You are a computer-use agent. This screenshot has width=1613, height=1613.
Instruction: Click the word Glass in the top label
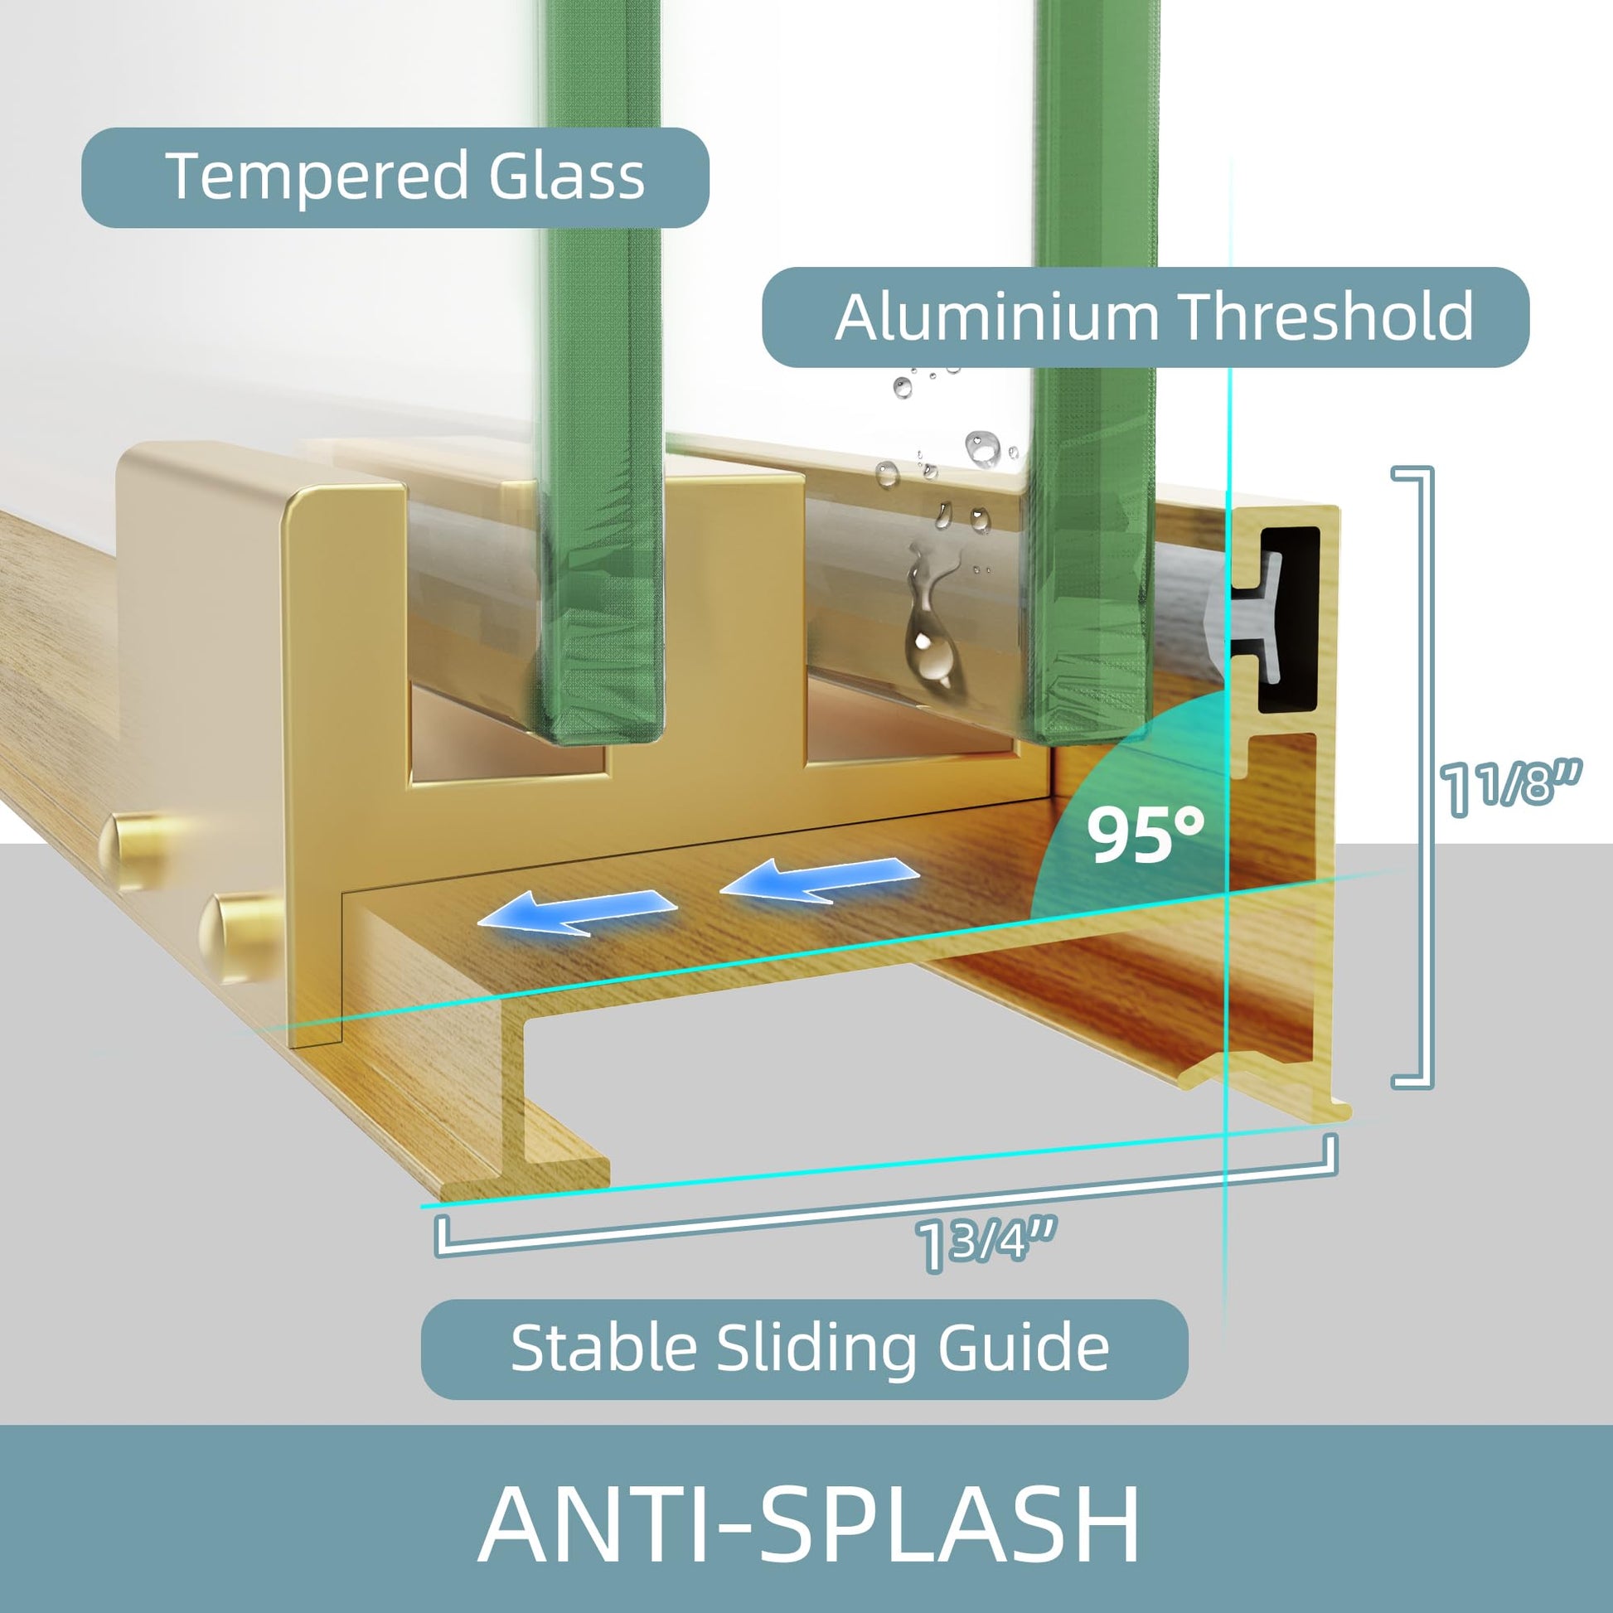[567, 176]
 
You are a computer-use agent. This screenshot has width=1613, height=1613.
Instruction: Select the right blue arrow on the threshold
[819, 881]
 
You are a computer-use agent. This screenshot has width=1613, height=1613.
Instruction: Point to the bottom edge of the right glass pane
[1085, 729]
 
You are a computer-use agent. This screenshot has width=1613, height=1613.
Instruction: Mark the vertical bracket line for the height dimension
[1429, 777]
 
